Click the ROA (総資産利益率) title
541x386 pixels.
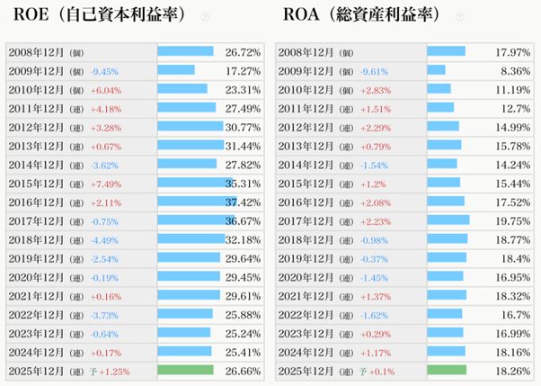coord(363,16)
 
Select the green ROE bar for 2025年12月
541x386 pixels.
coord(185,370)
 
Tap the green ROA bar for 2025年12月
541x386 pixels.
coord(447,370)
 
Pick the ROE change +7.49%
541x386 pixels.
coord(105,184)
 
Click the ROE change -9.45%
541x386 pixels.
coord(105,70)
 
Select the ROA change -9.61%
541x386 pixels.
coord(375,70)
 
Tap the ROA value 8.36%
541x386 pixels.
coord(516,70)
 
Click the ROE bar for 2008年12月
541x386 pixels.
coord(185,51)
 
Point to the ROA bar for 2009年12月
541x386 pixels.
coord(436,70)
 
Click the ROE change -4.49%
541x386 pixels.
coord(105,239)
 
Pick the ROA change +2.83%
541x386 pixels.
coord(375,89)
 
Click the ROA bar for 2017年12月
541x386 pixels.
coord(448,220)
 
